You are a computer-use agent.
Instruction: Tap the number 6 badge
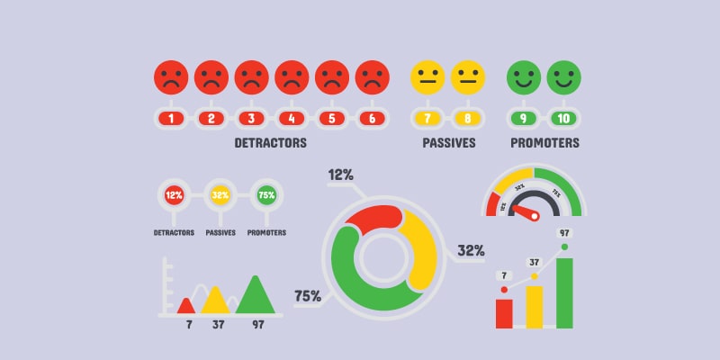[372, 118]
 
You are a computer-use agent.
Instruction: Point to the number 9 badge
[524, 118]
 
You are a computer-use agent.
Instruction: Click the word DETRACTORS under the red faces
[270, 143]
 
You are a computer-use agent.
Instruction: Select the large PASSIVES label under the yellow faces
[448, 143]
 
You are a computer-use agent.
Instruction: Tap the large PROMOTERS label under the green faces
[544, 143]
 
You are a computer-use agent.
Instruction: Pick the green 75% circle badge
[266, 194]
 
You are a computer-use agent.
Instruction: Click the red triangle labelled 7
[186, 305]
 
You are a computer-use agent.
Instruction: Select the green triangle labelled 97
[256, 297]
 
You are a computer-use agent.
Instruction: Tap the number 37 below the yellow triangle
[218, 324]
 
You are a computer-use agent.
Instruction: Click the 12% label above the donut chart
[342, 175]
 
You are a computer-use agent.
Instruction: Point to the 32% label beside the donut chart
[471, 250]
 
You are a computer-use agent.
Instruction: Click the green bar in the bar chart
[564, 293]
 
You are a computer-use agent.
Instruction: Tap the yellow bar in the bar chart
[535, 307]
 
